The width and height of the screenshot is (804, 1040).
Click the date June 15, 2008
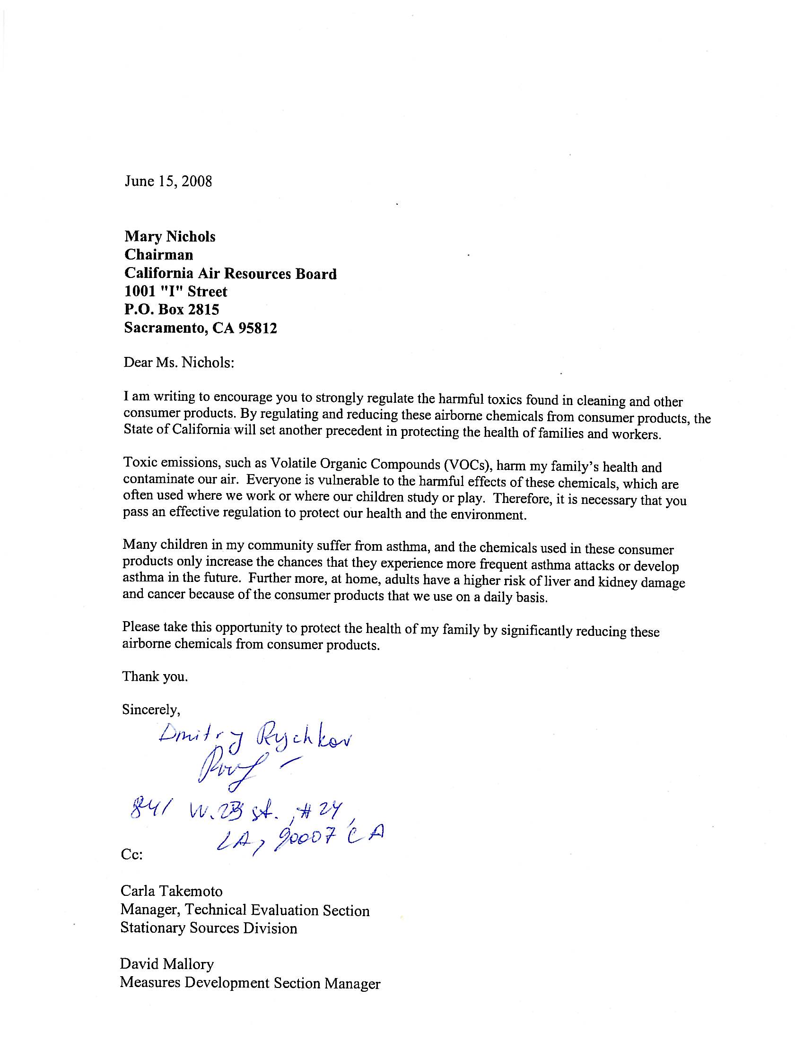point(168,182)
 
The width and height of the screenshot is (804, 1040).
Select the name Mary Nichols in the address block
point(170,237)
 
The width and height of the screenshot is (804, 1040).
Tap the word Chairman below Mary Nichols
point(158,255)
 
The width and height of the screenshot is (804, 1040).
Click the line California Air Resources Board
point(230,273)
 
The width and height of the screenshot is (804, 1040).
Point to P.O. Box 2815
point(172,310)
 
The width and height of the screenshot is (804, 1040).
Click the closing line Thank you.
point(155,676)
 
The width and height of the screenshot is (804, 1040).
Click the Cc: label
point(132,854)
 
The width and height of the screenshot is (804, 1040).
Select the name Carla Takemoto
point(172,891)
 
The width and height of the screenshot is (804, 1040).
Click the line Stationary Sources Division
point(209,927)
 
